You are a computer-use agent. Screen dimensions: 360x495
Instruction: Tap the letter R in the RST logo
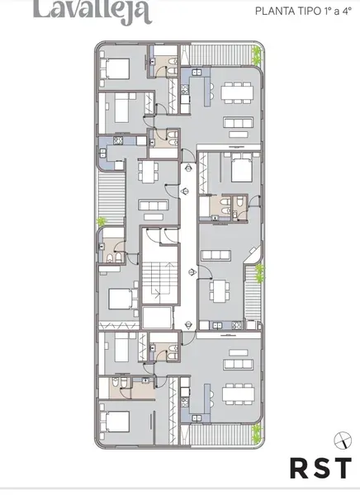300,469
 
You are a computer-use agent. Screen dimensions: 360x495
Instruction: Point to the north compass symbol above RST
343,440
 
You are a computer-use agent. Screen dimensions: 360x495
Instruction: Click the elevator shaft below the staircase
157,318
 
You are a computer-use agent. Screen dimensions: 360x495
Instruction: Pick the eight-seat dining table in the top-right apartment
237,92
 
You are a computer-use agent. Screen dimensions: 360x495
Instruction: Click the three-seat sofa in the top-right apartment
239,122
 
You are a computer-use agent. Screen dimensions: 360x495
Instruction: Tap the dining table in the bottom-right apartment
239,394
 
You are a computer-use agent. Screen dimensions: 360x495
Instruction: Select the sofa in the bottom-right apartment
239,365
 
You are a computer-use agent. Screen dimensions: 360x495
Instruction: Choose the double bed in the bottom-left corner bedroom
115,422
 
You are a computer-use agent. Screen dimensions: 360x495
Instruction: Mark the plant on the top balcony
256,55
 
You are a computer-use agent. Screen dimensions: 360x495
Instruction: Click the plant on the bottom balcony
256,433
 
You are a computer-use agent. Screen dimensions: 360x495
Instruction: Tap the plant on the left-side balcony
102,221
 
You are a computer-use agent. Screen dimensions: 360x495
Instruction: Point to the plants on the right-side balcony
259,273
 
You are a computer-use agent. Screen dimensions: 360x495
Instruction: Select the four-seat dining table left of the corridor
149,172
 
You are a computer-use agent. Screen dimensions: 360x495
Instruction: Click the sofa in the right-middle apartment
216,255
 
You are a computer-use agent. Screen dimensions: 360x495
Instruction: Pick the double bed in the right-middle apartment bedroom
242,167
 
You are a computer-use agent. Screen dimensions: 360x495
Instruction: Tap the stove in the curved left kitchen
118,141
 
